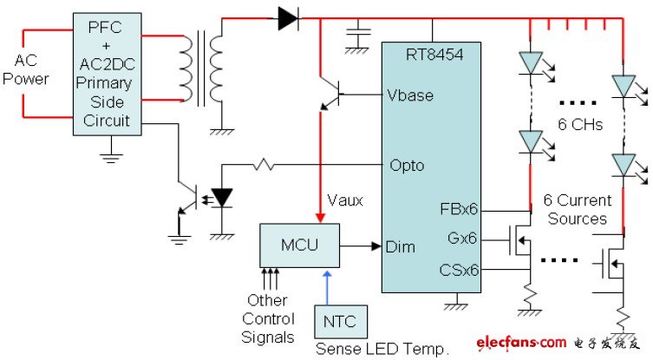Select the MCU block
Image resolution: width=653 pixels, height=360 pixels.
tap(299, 245)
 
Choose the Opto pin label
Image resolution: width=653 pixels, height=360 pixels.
tap(407, 165)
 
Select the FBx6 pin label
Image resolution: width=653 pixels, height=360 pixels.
tap(460, 209)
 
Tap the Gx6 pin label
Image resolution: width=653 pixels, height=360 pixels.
tap(465, 238)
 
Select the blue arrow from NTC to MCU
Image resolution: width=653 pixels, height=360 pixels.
tap(326, 285)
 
